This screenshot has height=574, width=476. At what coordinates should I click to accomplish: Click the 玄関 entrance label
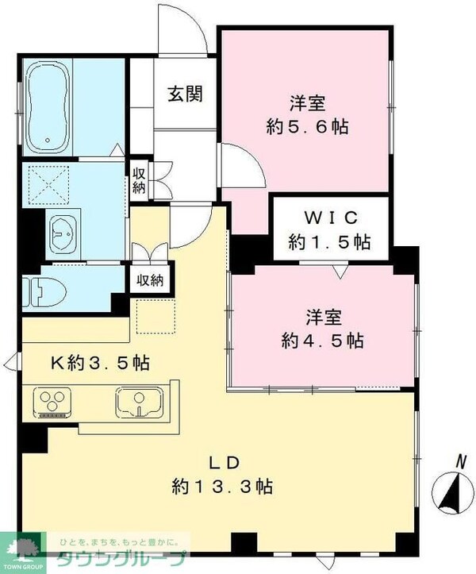(x=184, y=94)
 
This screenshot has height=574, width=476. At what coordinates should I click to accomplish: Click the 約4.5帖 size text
(x=324, y=341)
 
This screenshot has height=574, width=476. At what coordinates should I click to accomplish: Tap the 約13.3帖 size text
(x=223, y=487)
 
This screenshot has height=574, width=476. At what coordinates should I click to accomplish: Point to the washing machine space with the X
(x=48, y=184)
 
